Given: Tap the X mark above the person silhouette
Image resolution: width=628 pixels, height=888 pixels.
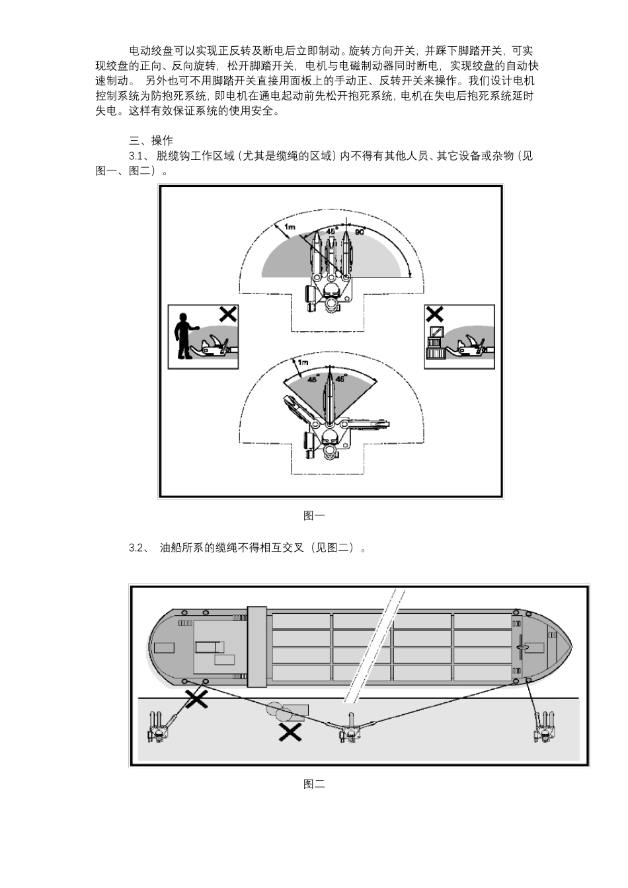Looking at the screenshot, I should point(227,314).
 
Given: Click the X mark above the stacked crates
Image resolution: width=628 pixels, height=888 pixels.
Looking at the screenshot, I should point(434,314).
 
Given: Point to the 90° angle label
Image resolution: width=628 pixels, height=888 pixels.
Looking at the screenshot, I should point(360,232).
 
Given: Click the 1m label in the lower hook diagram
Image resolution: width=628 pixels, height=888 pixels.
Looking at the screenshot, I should point(303,363).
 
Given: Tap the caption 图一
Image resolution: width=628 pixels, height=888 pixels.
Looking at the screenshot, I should point(314,515).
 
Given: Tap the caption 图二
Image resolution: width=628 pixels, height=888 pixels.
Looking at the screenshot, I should point(314,784).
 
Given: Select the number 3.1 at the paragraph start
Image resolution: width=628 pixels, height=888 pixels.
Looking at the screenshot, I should point(136,156).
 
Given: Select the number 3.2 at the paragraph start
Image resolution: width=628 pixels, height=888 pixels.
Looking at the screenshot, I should point(137,548).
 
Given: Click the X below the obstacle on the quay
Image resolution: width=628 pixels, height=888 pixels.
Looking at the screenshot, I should point(288,731).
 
